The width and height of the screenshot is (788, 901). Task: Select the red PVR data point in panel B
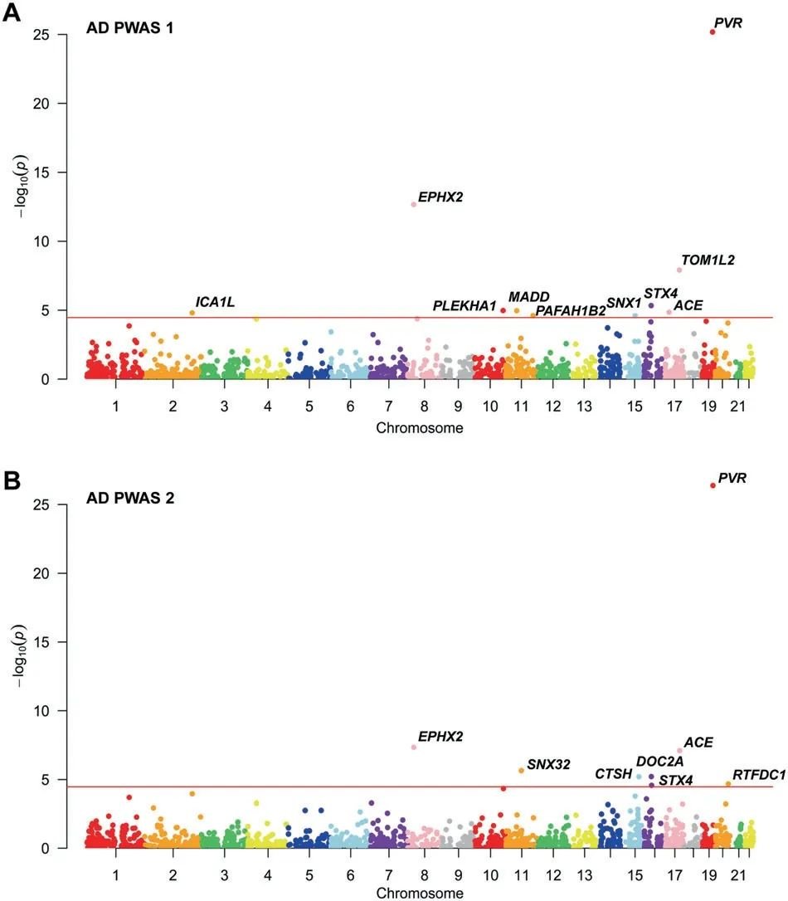point(713,485)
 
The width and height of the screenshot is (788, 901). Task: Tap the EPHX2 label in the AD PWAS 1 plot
point(440,197)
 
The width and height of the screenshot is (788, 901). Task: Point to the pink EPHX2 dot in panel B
point(414,747)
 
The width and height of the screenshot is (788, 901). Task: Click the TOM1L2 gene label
point(708,260)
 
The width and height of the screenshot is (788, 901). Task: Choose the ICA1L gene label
point(215,302)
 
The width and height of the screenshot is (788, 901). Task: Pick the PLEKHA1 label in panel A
point(465,306)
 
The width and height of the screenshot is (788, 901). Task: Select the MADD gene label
point(529,297)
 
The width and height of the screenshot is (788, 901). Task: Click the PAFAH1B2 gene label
point(570,311)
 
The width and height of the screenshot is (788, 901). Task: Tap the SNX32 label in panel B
point(548,764)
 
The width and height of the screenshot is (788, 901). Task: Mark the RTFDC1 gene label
point(759,775)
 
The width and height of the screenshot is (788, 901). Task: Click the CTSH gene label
point(613,774)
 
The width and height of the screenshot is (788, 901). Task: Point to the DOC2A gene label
point(659,762)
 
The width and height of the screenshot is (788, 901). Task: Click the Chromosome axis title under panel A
point(419,428)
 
